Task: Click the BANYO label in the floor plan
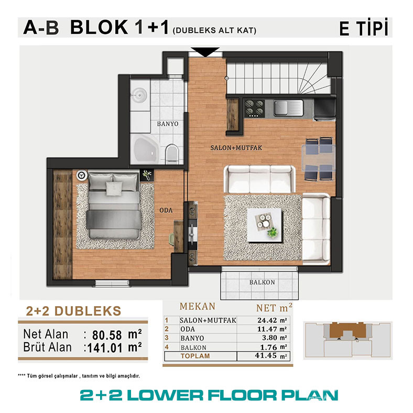168,124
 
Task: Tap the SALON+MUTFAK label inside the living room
236,148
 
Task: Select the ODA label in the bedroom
166,210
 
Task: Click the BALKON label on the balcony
262,282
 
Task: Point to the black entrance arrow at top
205,51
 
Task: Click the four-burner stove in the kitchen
254,108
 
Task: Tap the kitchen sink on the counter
288,108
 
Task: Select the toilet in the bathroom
172,154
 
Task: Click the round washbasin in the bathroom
139,93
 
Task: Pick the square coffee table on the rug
265,225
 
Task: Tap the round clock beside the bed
82,175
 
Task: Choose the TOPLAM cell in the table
195,356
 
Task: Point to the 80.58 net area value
107,335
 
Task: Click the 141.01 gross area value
105,348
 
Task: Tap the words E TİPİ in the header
364,27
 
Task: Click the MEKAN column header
197,307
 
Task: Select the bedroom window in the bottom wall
112,283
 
